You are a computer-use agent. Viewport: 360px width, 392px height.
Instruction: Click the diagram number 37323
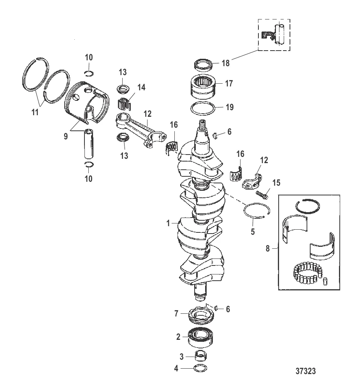306,371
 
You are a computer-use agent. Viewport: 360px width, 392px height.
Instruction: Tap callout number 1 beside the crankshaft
168,223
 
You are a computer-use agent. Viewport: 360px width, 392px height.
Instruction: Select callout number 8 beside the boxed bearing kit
268,248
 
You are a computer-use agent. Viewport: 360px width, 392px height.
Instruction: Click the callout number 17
229,83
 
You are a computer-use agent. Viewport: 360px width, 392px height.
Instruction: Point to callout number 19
230,107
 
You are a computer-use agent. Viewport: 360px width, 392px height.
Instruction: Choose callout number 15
276,183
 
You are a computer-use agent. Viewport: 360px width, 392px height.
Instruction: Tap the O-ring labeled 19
203,109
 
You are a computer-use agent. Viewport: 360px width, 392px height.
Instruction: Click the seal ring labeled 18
204,64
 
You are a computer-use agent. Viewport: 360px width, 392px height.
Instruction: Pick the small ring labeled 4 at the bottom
200,368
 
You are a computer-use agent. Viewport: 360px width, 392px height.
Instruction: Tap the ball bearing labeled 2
201,337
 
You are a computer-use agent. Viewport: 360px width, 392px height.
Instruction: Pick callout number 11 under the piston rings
35,112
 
